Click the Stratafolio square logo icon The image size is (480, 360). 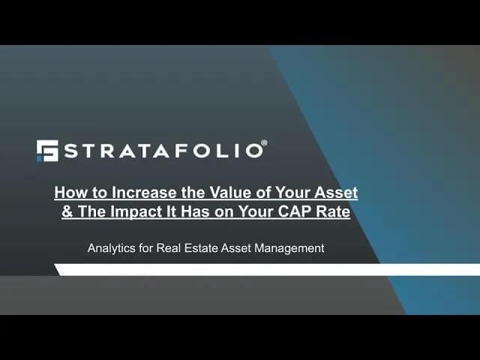[x=47, y=151]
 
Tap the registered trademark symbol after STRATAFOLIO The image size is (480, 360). [x=264, y=143]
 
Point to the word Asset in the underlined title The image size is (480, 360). [x=337, y=193]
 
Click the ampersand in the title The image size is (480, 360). [x=67, y=211]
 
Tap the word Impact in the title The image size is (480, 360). [x=136, y=212]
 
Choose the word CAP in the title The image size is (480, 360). [x=295, y=211]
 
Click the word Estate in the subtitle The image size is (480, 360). [x=201, y=248]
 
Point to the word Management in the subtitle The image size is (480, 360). [x=289, y=248]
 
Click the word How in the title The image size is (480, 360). [x=65, y=193]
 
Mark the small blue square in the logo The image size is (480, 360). [x=39, y=159]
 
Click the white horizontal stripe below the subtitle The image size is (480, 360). [x=267, y=270]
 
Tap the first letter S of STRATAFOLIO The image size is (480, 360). [x=72, y=151]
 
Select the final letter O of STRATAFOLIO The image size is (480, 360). [x=255, y=151]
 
